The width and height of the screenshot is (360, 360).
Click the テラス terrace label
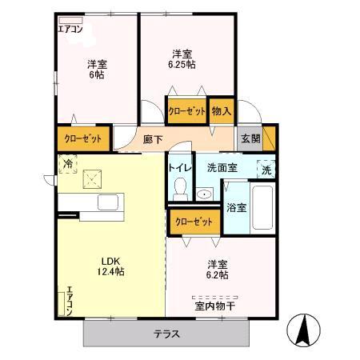pos(166,334)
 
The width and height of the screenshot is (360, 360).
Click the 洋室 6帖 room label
pos(97,69)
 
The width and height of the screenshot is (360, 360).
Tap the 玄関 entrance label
pos(250,138)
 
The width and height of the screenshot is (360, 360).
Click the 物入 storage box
pos(222,111)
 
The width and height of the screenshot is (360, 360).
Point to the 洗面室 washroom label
pos(222,168)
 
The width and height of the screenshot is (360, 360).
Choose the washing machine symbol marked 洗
pos(267,169)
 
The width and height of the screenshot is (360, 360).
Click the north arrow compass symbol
pos(306,329)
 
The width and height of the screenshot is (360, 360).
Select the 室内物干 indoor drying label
pos(215,304)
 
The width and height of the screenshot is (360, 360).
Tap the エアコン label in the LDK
pos(70,301)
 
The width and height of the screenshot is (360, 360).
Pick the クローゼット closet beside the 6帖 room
pos(82,138)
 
